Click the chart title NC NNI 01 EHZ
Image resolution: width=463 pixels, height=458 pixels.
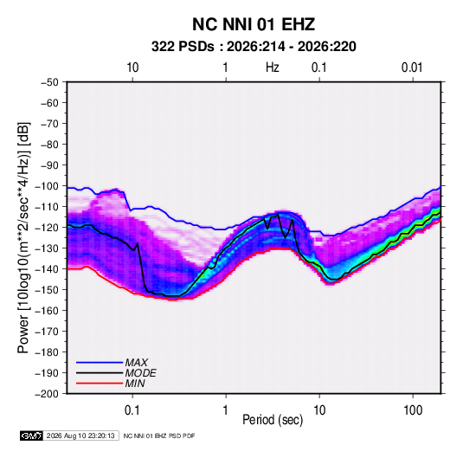[x=254, y=24]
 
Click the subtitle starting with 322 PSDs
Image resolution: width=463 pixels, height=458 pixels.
[x=254, y=47]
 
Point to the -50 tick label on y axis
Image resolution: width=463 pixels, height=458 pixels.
[x=49, y=82]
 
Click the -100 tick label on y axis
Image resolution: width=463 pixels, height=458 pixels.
[x=47, y=186]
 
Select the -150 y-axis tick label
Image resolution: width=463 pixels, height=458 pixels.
[x=47, y=290]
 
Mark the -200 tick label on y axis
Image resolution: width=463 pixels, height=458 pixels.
[x=47, y=394]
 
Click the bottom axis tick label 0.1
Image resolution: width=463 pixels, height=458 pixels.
[x=132, y=410]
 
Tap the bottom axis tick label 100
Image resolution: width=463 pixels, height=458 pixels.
[x=413, y=410]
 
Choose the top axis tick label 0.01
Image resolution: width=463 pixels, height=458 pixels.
[x=412, y=68]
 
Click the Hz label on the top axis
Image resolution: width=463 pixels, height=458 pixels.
[x=273, y=68]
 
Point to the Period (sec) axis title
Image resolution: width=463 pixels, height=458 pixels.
[x=273, y=420]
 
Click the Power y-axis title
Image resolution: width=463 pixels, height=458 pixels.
[x=23, y=237]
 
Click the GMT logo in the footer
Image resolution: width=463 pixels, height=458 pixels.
[x=32, y=435]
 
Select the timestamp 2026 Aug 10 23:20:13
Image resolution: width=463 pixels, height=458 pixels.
[x=80, y=435]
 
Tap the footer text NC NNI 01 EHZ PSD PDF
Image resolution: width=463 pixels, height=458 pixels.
[x=159, y=435]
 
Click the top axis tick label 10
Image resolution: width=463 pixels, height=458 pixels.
[x=132, y=68]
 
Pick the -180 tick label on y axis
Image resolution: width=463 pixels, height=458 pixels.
[x=47, y=352]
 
